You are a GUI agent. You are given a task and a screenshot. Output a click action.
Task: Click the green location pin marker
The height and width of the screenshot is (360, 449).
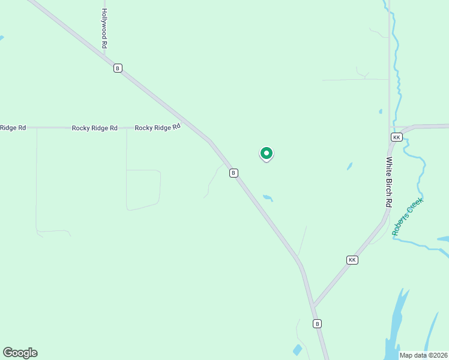point(267,154)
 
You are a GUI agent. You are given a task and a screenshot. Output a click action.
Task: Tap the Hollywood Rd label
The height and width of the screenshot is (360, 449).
point(104,28)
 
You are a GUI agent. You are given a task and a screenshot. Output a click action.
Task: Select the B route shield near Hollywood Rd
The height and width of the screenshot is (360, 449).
point(118,68)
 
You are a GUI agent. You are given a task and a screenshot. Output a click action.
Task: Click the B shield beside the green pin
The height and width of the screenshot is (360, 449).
point(234,173)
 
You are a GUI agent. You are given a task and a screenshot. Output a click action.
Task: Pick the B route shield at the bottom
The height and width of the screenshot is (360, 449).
point(318,323)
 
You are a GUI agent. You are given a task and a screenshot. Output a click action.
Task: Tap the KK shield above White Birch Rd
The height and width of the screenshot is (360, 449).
point(396,137)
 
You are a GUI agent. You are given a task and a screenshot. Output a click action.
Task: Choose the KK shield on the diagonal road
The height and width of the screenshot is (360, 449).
point(352,260)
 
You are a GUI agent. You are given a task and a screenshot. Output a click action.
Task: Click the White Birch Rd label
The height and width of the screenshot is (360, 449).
point(389,182)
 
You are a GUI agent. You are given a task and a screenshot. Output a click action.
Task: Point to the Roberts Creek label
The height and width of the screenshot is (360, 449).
point(408,216)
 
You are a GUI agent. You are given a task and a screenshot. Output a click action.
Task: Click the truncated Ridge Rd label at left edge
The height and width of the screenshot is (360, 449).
point(13,127)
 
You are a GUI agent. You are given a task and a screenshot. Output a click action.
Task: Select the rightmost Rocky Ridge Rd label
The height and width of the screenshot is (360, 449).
point(157,127)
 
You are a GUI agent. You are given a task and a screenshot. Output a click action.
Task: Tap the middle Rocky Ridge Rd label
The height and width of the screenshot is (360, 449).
point(94,128)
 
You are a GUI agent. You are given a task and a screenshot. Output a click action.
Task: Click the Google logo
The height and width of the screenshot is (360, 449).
point(20,353)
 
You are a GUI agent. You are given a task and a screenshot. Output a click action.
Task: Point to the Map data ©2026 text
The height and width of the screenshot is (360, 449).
point(423,355)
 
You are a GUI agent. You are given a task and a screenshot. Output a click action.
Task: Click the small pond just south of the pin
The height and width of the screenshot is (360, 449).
point(268,197)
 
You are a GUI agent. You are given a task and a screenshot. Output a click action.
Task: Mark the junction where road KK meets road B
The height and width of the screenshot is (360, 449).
point(312,307)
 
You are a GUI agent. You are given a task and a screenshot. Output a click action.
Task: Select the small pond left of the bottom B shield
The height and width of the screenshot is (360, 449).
point(297,350)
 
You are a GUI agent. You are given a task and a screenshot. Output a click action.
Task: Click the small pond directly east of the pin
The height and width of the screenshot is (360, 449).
point(349,166)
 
